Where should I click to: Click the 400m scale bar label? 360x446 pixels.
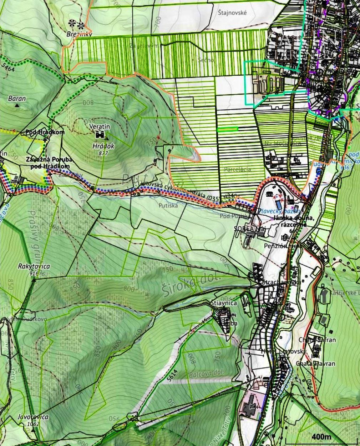(321, 437)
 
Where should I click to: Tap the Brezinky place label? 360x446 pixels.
(79, 34)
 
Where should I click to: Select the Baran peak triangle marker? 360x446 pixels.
(17, 106)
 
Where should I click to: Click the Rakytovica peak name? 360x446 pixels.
(34, 266)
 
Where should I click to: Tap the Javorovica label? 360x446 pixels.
(33, 417)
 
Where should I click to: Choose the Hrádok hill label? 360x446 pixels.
(103, 146)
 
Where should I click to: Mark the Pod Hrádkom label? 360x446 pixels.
(45, 132)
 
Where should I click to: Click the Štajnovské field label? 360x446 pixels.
(232, 12)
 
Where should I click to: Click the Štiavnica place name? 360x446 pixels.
(224, 303)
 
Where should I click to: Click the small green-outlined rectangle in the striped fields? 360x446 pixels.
(227, 129)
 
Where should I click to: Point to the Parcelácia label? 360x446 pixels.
(238, 169)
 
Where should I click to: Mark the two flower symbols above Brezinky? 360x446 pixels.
(77, 24)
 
